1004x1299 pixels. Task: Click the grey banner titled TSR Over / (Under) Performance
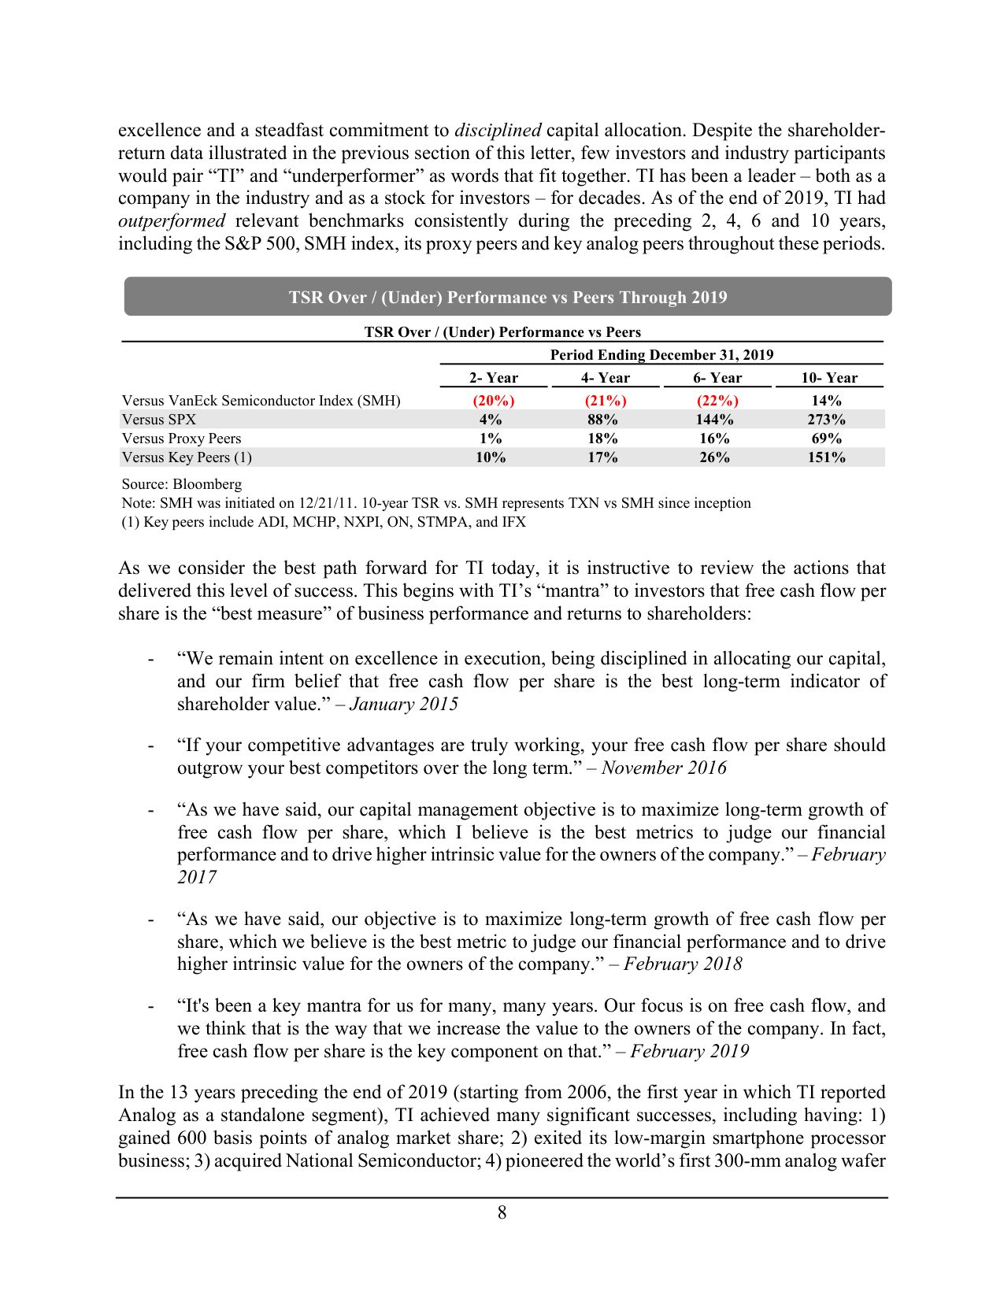click(508, 297)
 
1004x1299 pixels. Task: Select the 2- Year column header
click(494, 378)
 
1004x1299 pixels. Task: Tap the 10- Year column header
click(828, 378)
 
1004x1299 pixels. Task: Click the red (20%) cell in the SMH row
click(494, 401)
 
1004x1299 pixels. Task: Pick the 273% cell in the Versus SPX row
click(826, 420)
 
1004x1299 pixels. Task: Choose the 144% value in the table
click(714, 420)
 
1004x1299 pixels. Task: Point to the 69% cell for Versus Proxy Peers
click(826, 439)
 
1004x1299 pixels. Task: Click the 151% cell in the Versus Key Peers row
click(826, 457)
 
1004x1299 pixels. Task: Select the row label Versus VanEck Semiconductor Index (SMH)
click(261, 401)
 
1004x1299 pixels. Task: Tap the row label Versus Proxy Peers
click(181, 439)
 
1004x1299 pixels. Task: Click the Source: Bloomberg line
click(181, 484)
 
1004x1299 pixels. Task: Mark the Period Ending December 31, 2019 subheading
click(661, 355)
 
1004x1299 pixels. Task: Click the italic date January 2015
click(403, 704)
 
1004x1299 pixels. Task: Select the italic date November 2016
click(664, 768)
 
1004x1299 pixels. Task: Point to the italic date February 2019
click(690, 1051)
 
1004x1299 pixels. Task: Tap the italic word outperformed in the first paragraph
click(172, 221)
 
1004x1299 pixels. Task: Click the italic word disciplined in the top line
click(498, 131)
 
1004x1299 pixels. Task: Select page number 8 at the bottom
click(502, 1213)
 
